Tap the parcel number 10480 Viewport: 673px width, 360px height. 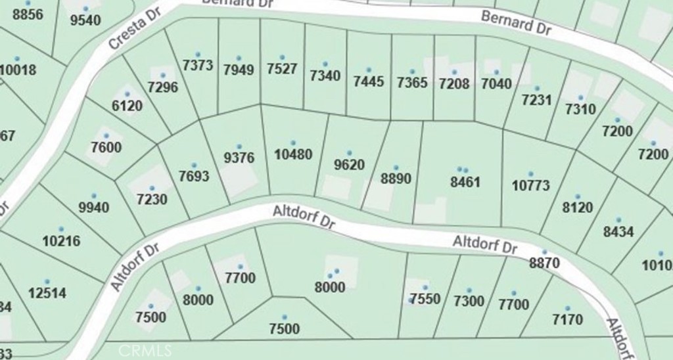293,155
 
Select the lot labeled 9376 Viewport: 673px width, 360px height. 239,158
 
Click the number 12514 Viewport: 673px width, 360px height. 47,292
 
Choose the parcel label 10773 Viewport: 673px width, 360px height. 530,185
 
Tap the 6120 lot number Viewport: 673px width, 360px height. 128,106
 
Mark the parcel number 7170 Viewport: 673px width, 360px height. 567,320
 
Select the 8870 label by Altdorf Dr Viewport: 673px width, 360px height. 544,263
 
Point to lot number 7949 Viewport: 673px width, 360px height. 239,70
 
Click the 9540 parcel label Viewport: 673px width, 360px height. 85,20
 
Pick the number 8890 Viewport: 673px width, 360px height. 396,179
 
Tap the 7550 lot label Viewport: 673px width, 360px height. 425,299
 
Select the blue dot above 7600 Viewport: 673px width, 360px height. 106,136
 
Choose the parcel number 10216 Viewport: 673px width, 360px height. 61,240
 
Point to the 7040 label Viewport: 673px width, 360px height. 496,83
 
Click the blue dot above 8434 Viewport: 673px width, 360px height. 618,220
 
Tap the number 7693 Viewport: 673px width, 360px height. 193,176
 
